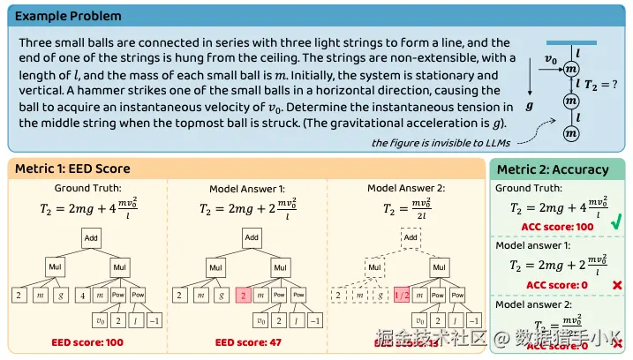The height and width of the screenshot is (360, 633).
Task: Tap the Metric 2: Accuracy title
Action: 553,169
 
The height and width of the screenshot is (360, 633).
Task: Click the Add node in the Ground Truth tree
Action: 92,238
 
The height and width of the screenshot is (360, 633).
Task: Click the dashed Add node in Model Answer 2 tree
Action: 411,237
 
